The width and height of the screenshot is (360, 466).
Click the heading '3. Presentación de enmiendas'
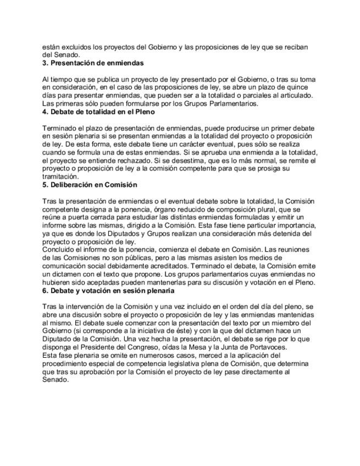tap(93, 63)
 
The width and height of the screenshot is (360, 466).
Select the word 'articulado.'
tap(296, 96)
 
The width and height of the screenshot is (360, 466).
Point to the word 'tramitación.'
tap(60, 177)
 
